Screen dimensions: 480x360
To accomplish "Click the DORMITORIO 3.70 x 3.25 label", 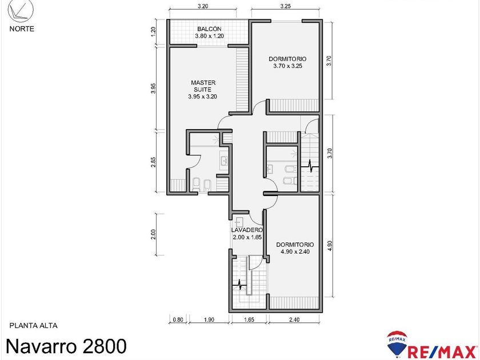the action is coord(287,62).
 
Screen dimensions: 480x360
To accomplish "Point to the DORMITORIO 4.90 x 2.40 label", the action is coord(295,248).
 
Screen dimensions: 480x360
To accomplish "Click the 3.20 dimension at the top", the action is coord(203,6).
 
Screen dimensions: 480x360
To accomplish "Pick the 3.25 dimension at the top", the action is coord(285,6).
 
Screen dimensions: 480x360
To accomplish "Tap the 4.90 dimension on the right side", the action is coord(329,246).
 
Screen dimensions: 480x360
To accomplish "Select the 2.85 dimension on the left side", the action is coord(153,162).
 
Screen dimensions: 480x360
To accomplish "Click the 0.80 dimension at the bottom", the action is coord(178,320).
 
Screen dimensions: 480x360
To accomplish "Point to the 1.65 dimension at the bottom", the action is coord(249,320).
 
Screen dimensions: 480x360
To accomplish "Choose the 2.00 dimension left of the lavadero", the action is coord(153,234).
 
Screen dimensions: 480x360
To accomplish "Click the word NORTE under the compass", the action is coord(22,29).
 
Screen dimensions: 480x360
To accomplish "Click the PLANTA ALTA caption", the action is coord(33,326).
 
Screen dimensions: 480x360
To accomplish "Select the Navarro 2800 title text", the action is coord(66,346).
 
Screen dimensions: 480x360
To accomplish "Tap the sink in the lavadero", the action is coord(239,221).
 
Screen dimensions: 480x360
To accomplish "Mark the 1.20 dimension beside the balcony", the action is coord(153,32).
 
